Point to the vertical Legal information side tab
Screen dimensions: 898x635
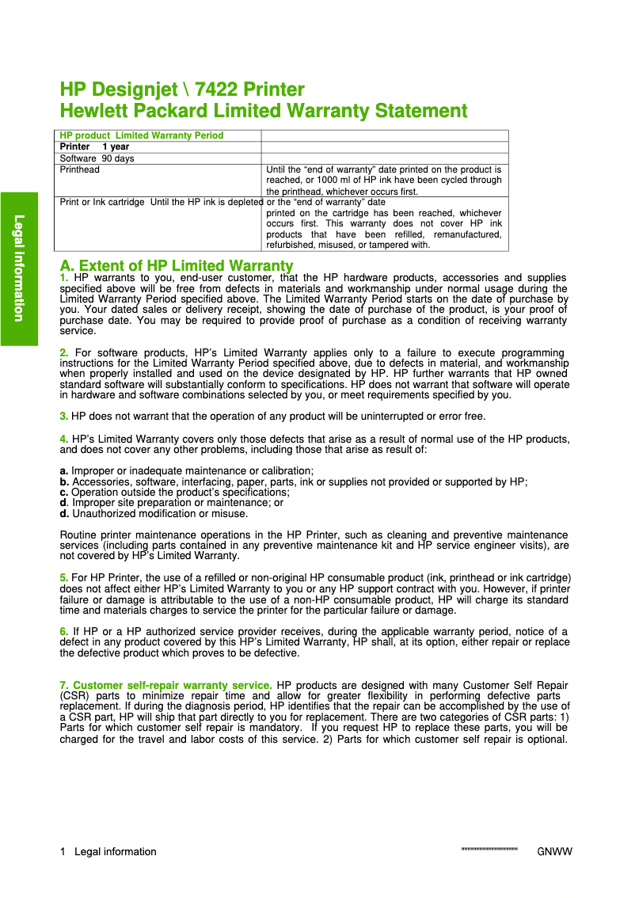point(19,268)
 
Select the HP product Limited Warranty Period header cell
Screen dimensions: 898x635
point(142,135)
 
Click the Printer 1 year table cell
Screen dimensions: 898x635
point(95,146)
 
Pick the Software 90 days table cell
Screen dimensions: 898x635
point(97,158)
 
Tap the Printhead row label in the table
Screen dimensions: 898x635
point(80,169)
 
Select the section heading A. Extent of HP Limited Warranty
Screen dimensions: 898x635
point(177,265)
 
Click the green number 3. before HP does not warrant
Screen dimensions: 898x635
point(64,416)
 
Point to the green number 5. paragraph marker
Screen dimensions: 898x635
point(64,577)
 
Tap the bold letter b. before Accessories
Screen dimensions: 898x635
point(64,481)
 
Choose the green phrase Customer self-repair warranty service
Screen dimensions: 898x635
point(173,684)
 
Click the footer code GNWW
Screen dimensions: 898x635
point(554,852)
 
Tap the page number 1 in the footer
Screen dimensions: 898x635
point(63,852)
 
